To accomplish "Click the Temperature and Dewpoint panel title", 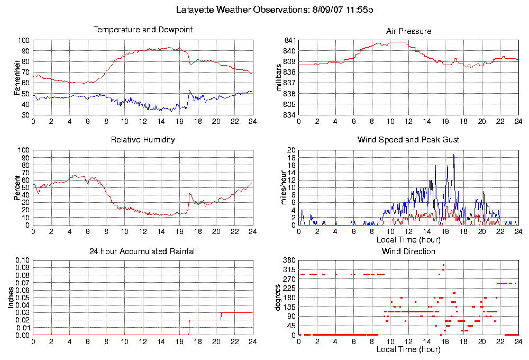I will pos(143,30).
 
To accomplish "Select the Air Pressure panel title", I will pos(408,31).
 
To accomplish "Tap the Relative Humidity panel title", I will pos(143,140).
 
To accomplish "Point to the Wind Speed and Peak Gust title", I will pos(408,140).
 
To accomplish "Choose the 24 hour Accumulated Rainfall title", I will pos(143,251).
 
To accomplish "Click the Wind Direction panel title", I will pos(408,251).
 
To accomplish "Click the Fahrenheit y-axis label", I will pos(17,77).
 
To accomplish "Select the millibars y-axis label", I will pos(279,77).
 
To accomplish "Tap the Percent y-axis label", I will pos(17,187).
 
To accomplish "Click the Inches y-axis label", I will pos(11,298).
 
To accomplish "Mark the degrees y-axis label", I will pos(279,298).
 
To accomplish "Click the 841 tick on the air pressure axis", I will pos(289,40).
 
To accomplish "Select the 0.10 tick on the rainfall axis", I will pos(22,260).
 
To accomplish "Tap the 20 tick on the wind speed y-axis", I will pos(291,150).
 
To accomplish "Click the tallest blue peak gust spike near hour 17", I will pos(453,155).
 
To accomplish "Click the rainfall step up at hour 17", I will pos(189,327).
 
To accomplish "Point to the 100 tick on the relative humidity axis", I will pos(23,150).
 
